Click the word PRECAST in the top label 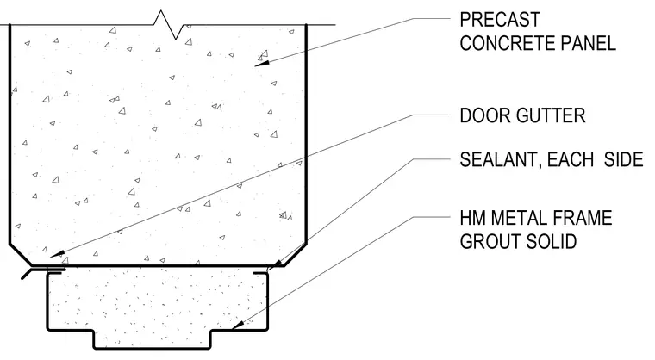click(500, 20)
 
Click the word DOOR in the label click(483, 115)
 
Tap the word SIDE click(624, 159)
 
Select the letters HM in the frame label click(472, 219)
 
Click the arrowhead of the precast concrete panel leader click(262, 64)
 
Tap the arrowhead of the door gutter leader click(57, 254)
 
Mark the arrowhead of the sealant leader click(273, 265)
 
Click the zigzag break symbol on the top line click(169, 25)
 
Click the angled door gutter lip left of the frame click(26, 274)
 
